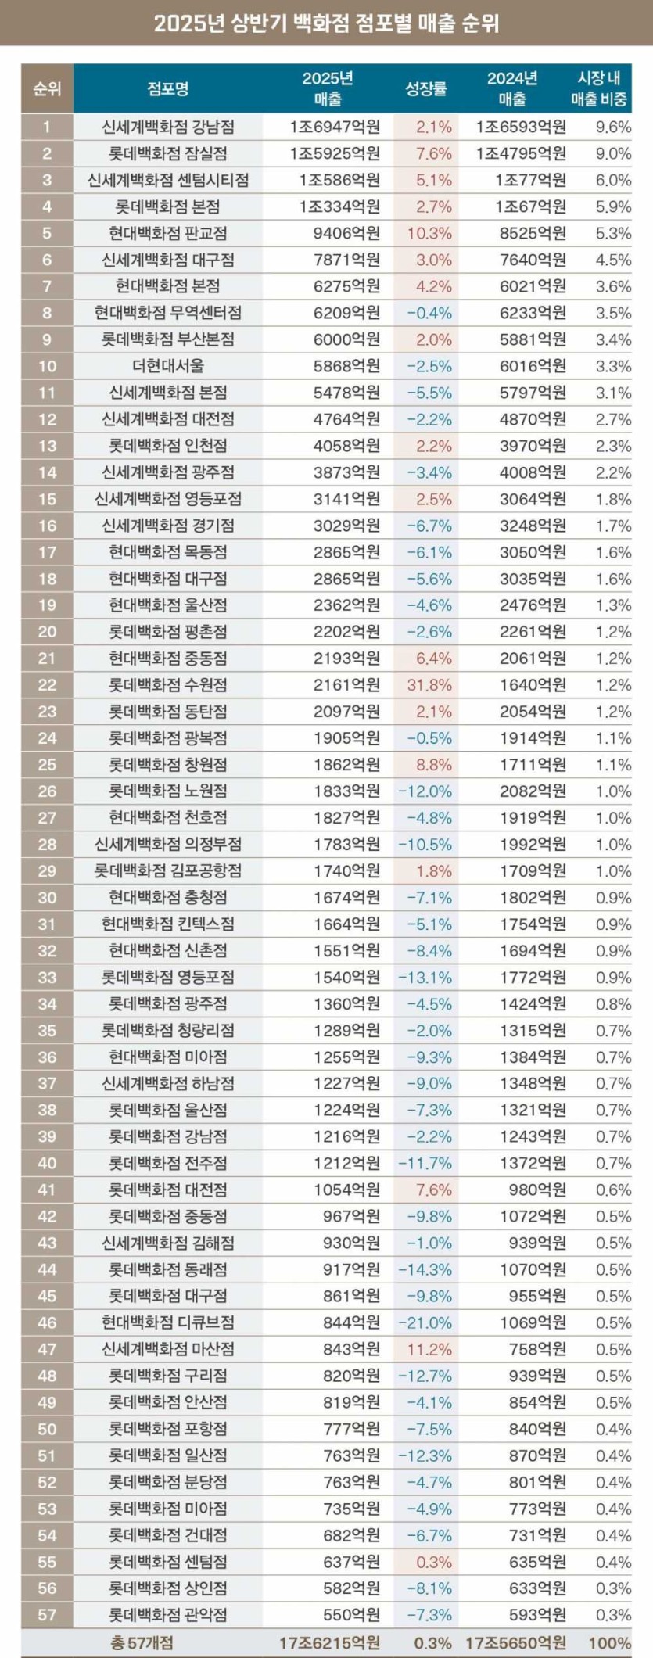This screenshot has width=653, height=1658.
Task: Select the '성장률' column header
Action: click(425, 88)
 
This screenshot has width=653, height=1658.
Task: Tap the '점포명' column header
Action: click(168, 88)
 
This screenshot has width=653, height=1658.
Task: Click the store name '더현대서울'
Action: click(168, 366)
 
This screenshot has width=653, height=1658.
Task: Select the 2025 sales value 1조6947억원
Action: click(335, 127)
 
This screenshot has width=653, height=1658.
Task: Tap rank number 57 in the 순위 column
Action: click(47, 1615)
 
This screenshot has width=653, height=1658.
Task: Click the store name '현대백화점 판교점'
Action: click(168, 233)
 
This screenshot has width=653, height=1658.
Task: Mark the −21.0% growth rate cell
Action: click(425, 1322)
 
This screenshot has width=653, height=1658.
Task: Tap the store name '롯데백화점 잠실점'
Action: click(168, 153)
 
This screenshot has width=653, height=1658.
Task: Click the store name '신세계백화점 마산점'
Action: click(168, 1349)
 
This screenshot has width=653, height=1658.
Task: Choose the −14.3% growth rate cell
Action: click(425, 1269)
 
